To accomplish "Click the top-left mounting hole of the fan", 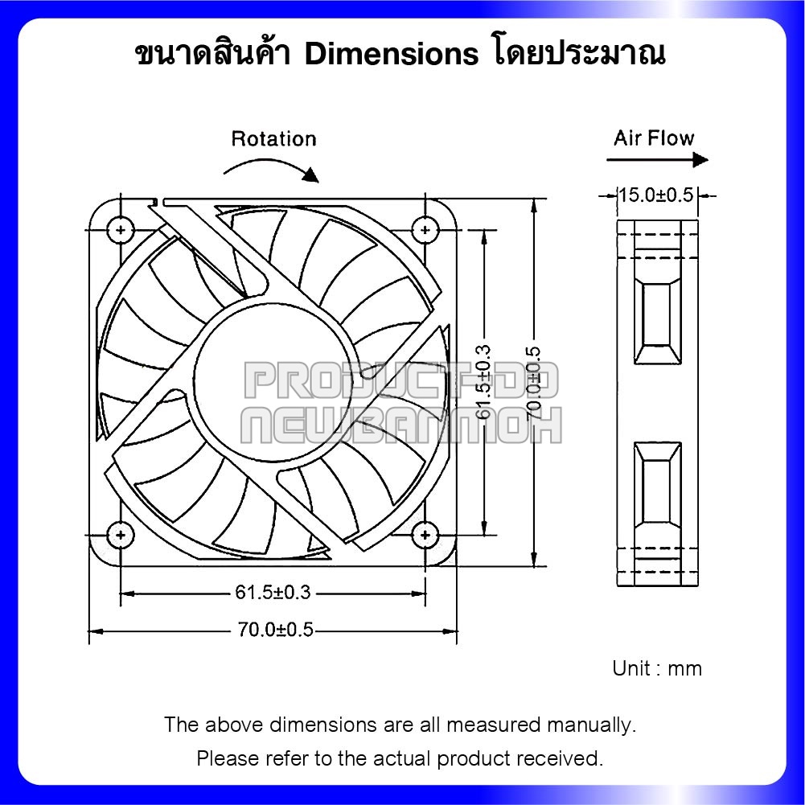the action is (x=121, y=230).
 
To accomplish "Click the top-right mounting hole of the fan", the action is (x=424, y=230).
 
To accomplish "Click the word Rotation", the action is (x=273, y=139).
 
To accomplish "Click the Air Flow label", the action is (x=653, y=138).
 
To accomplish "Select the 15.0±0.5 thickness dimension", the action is (x=655, y=195).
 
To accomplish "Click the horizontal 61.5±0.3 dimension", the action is (x=273, y=593).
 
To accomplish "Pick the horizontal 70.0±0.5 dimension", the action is (x=274, y=630).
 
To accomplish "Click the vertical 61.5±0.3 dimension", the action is (x=483, y=382).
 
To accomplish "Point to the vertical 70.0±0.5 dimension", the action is (x=534, y=382).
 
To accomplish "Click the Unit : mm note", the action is (x=656, y=668).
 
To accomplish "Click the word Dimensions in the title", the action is (x=392, y=54).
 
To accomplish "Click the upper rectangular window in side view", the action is (x=658, y=322).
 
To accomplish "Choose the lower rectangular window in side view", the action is (x=658, y=483).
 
